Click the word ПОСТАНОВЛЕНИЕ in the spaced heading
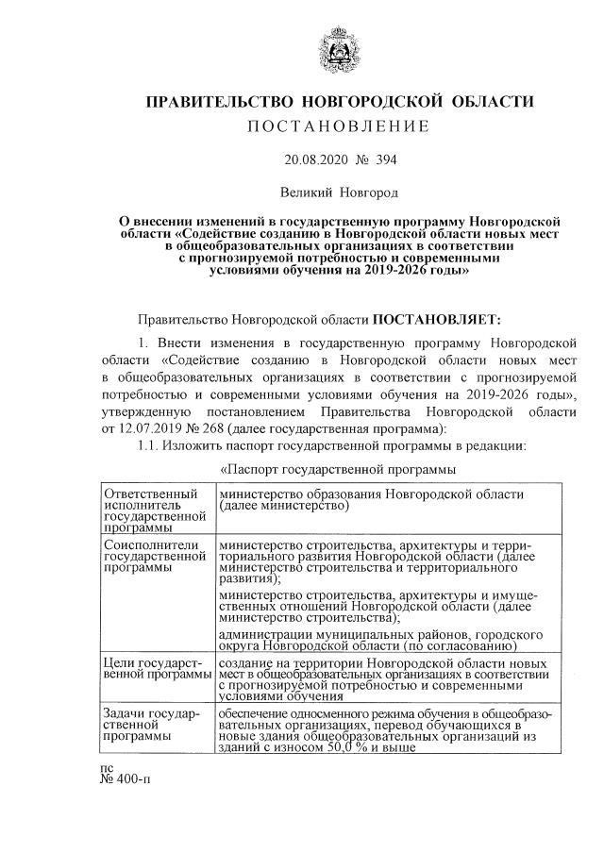click(338, 126)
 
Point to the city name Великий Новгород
click(338, 192)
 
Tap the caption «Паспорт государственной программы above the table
click(338, 469)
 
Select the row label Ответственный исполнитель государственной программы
click(155, 510)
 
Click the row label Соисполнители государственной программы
click(155, 557)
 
